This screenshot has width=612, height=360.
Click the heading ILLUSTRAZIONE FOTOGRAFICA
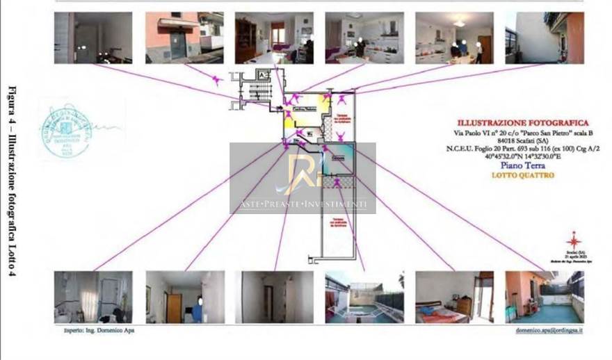point(522,123)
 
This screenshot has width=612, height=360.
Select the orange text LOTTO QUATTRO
point(522,176)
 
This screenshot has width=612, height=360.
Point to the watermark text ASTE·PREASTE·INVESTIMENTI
point(303,204)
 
